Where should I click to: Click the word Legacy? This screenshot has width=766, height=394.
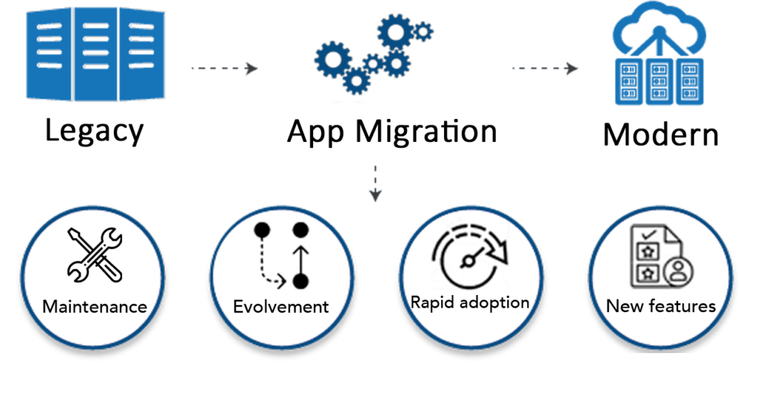tap(94, 131)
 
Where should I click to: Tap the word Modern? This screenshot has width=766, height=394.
tap(660, 135)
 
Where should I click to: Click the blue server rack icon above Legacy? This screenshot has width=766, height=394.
tap(95, 54)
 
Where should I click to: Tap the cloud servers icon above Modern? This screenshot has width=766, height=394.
tap(658, 56)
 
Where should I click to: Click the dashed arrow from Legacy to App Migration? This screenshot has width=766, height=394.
tap(224, 68)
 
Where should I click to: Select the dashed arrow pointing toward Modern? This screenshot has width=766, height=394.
tap(545, 68)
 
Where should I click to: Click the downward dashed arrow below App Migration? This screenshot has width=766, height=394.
tap(376, 183)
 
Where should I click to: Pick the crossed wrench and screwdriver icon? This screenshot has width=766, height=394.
tap(94, 255)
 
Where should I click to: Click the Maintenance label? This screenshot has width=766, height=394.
tap(94, 306)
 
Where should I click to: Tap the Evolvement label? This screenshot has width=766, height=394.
tap(281, 306)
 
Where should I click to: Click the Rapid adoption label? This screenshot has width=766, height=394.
tap(470, 303)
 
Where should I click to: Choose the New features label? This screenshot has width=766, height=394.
tap(660, 306)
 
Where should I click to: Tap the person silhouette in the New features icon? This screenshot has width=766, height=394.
tap(678, 272)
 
